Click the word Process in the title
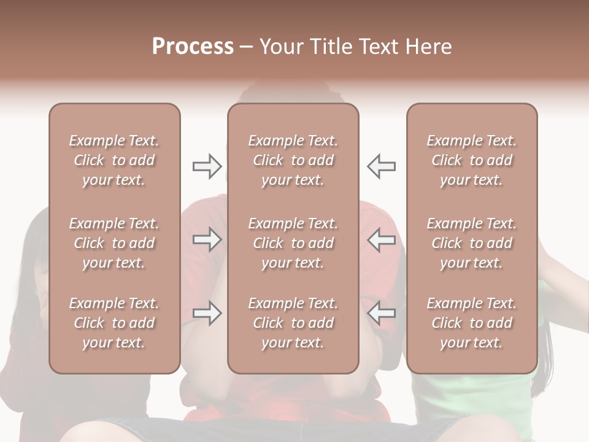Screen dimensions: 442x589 [x=193, y=47]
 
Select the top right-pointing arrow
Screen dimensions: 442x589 [x=207, y=166]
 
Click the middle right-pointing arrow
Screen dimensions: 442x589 [x=207, y=239]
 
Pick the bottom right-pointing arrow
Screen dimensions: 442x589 [x=207, y=313]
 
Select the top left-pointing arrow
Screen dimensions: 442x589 [x=382, y=166]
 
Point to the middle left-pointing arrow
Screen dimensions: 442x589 [x=382, y=239]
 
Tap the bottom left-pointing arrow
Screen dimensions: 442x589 [x=382, y=313]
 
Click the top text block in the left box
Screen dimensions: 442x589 [x=114, y=160]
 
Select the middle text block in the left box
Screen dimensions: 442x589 [x=114, y=243]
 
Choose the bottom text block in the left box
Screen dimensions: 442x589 [x=114, y=323]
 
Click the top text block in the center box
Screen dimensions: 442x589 [x=293, y=160]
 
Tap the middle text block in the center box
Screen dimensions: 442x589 [x=293, y=243]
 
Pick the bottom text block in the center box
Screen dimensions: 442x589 [x=293, y=323]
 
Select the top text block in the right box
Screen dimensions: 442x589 [x=471, y=160]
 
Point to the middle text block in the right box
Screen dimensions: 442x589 [x=471, y=243]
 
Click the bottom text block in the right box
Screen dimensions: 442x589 [x=471, y=323]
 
